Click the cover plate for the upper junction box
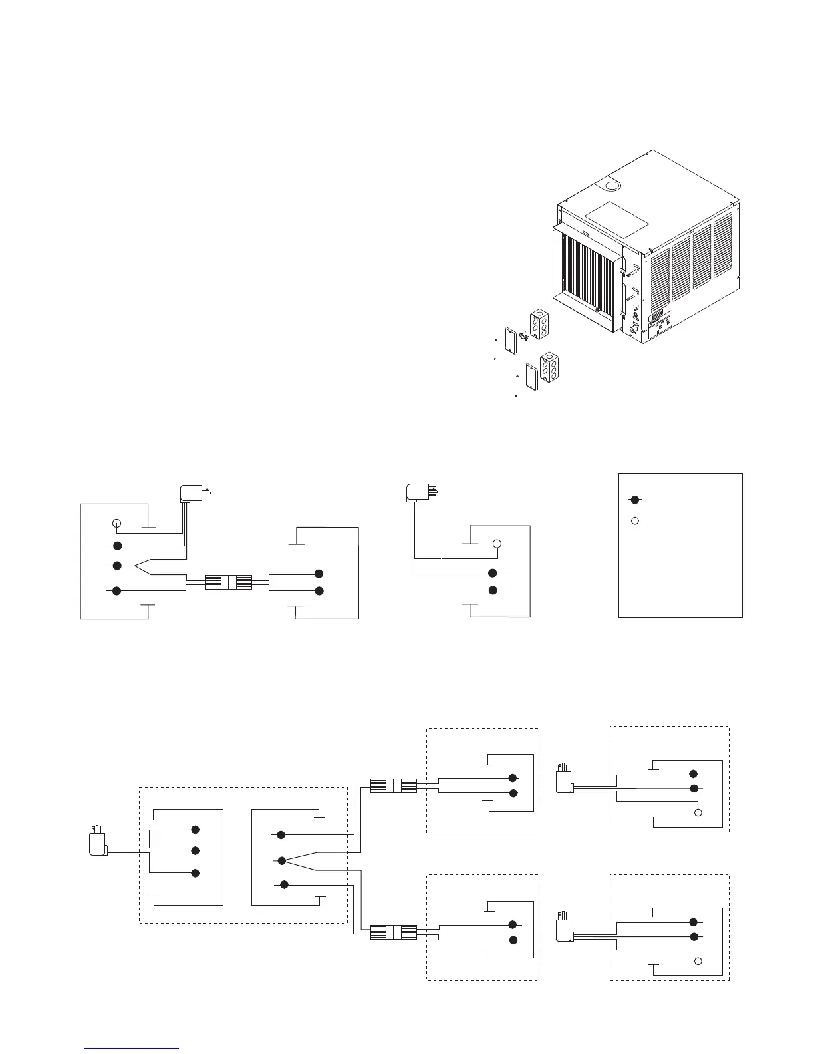pyautogui.click(x=511, y=340)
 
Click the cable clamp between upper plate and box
pyautogui.click(x=523, y=336)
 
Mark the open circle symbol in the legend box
pyautogui.click(x=635, y=520)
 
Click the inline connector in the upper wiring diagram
pyautogui.click(x=228, y=583)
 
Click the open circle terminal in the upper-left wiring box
pyautogui.click(x=116, y=522)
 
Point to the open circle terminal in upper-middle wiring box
pyautogui.click(x=497, y=545)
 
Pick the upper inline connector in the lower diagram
pyautogui.click(x=393, y=786)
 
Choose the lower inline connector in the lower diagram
pyautogui.click(x=393, y=932)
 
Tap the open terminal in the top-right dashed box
pyautogui.click(x=698, y=813)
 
